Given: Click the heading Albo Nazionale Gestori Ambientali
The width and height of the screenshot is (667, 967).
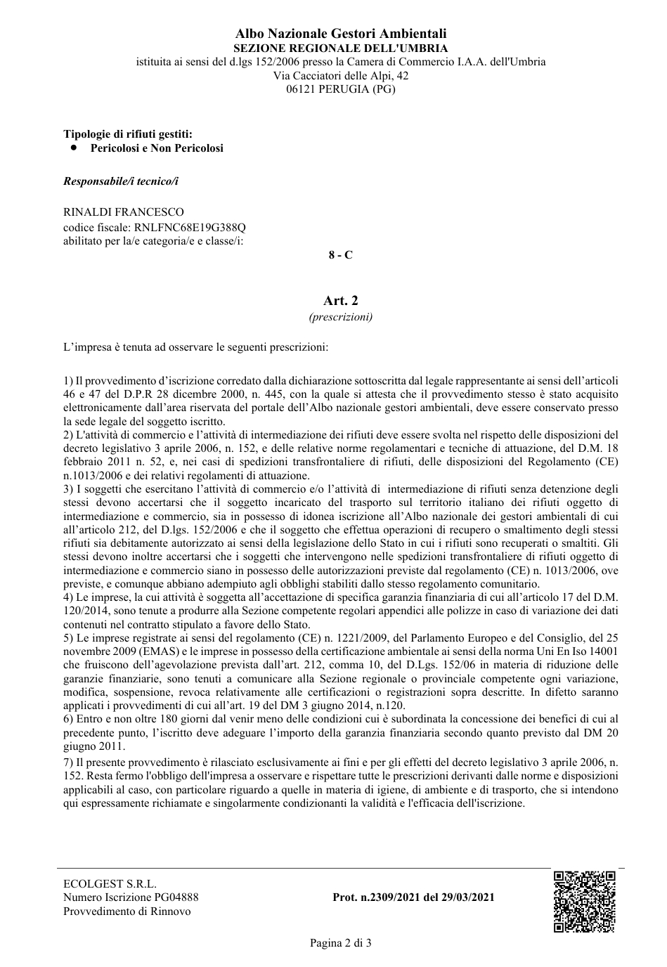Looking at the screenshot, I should [340, 34].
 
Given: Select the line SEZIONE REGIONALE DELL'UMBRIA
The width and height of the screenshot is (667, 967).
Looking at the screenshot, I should [340, 48].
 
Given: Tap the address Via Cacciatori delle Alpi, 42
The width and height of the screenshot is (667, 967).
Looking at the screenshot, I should [340, 75].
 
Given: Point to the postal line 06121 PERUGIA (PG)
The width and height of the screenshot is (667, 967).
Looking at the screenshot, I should [340, 89].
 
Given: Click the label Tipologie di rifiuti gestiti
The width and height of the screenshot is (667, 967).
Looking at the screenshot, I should [128, 134].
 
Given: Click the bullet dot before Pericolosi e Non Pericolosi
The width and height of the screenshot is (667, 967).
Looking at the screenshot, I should [73, 148].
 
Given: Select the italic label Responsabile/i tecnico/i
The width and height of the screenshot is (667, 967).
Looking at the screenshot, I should [121, 181].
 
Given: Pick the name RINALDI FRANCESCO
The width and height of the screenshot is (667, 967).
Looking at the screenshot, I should [124, 212].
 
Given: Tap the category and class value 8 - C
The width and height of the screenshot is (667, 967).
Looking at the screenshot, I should [340, 255].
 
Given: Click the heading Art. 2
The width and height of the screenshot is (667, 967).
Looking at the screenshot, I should [340, 301].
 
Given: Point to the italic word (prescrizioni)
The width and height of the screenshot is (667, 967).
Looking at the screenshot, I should [340, 317].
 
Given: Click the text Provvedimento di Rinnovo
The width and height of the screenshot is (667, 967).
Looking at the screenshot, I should [127, 911].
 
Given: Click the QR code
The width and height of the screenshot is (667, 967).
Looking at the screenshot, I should [584, 902].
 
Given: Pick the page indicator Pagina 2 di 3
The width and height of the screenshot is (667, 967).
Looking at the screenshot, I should [340, 943].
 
